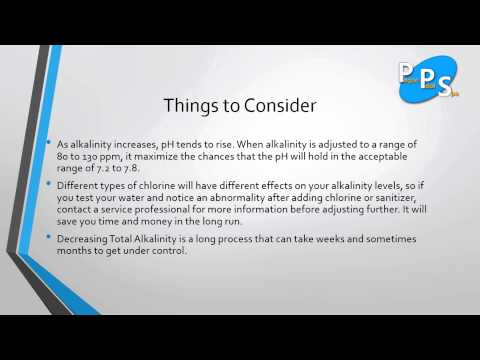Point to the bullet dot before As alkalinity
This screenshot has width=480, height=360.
coord(49,146)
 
